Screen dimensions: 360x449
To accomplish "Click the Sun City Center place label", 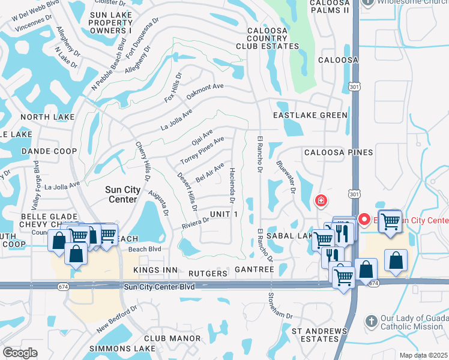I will (123, 194).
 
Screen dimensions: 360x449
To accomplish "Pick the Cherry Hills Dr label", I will (143, 161).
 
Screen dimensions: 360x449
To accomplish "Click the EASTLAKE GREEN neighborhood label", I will (310, 115).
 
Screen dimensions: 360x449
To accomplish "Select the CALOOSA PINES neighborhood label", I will (338, 152).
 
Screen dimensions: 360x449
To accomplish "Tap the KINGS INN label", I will (155, 271).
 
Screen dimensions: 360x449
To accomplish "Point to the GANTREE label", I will (255, 271).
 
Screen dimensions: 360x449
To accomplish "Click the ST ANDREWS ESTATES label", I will (319, 335).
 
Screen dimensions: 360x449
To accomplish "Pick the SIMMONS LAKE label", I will (113, 349).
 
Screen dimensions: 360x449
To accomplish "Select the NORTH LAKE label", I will (47, 117).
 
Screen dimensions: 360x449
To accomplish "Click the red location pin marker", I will (364, 220).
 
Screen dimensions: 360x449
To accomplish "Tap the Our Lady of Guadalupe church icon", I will (371, 322).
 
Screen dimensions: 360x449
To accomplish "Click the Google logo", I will (20, 353).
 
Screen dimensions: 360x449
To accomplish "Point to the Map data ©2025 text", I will (423, 355).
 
